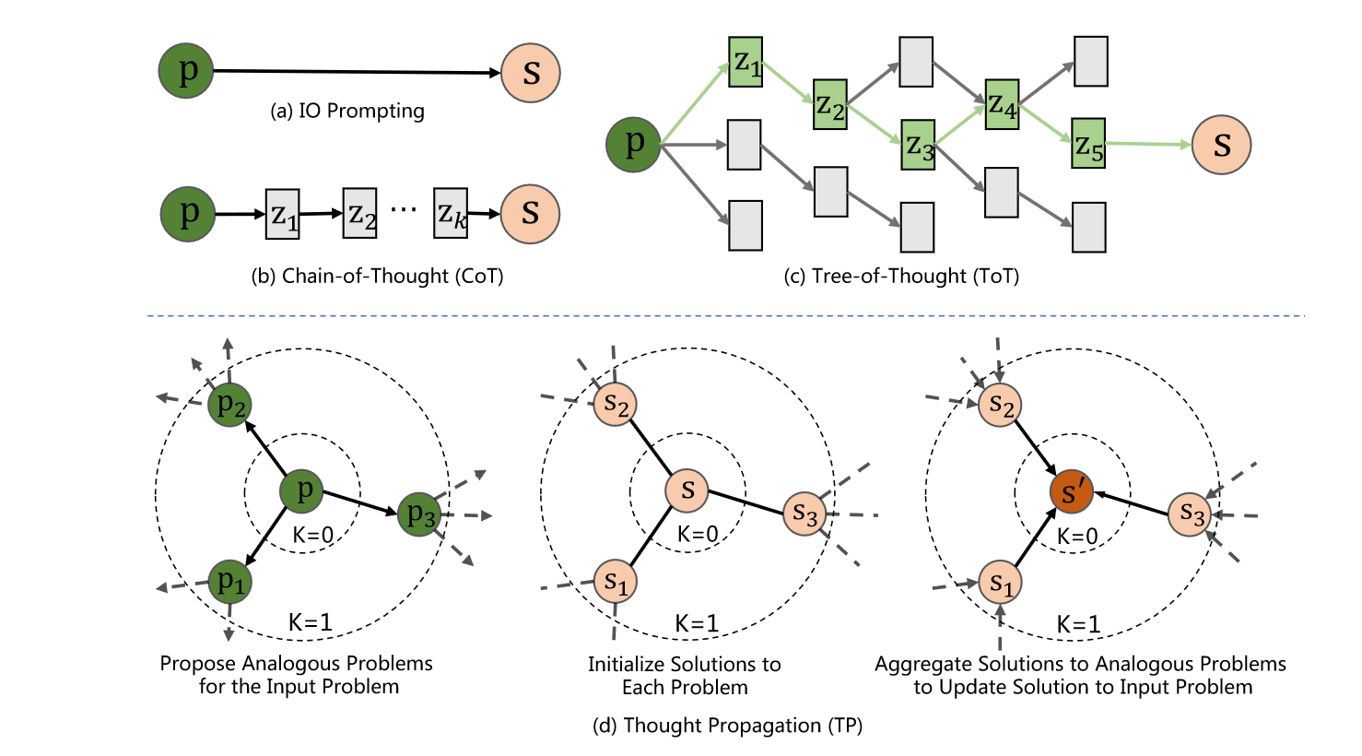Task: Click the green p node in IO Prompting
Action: point(186,70)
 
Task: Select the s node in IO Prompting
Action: point(531,72)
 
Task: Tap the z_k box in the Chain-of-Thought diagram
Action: point(451,214)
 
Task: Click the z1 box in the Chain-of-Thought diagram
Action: point(283,214)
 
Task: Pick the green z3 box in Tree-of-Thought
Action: point(918,145)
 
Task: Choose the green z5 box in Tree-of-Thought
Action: point(1088,144)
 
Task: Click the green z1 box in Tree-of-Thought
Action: point(746,62)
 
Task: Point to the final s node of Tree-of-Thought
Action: point(1221,145)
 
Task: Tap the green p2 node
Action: point(229,404)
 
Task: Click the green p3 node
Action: point(420,514)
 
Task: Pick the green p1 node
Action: point(229,581)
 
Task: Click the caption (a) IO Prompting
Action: point(347,111)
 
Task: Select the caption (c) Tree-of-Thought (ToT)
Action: point(901,276)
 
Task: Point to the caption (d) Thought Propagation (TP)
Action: point(727,726)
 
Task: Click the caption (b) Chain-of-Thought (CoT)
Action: point(377,276)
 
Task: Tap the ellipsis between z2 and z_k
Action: point(404,210)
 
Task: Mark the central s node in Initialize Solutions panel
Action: point(687,490)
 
